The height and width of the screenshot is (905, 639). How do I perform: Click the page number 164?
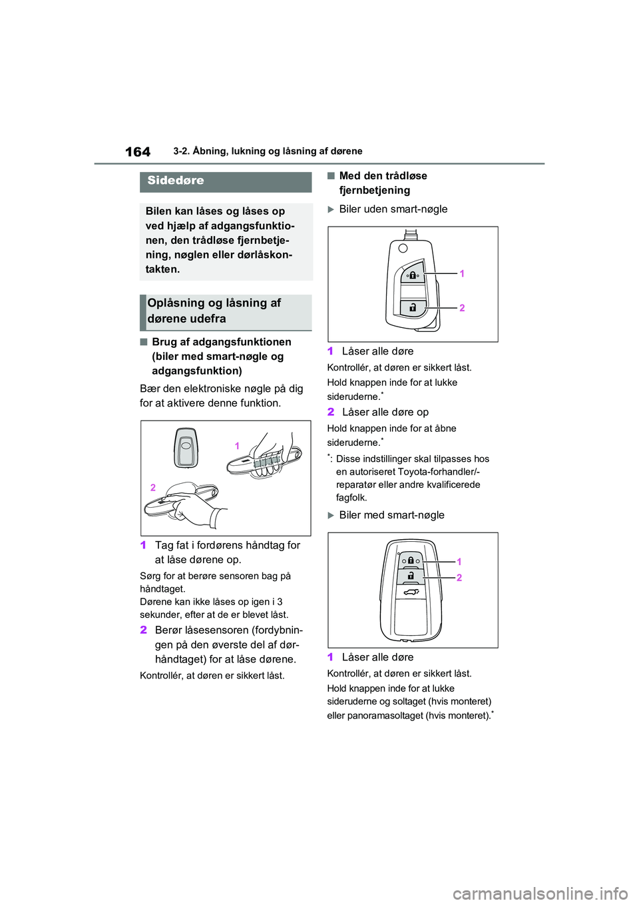138,152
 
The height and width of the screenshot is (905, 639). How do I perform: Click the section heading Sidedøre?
176,181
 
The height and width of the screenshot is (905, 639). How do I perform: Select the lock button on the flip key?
413,274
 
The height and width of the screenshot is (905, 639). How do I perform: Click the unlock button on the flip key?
413,307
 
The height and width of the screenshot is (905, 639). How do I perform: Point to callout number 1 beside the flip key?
462,273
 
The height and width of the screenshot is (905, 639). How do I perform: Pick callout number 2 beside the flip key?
462,308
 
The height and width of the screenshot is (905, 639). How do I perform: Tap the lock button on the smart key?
411,560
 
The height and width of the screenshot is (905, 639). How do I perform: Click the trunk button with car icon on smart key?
411,592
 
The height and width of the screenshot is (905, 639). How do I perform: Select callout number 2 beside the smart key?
459,578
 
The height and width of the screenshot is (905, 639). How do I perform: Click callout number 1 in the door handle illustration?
237,446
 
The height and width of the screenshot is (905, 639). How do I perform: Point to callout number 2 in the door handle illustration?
153,488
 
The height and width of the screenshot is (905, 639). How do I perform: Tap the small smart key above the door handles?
186,447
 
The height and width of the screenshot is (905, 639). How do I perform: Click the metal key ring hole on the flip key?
402,248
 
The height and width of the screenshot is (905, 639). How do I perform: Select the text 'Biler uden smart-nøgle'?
393,209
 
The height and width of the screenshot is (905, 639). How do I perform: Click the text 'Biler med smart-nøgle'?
391,515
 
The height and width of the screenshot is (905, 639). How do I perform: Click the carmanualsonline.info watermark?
540,893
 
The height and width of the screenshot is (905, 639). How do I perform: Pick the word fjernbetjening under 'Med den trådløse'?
375,191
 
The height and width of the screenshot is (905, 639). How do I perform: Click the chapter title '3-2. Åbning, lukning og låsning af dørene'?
268,151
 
